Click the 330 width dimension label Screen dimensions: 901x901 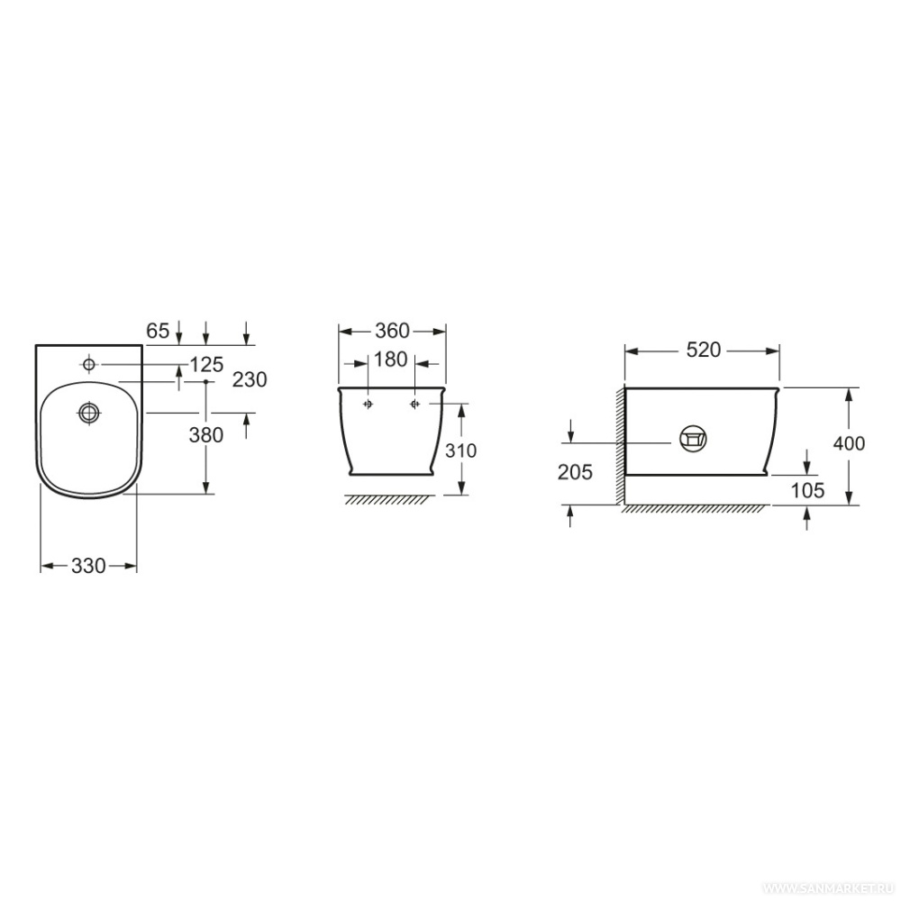tap(88, 566)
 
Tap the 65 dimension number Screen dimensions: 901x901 tap(158, 331)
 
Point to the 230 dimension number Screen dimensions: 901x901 tap(250, 379)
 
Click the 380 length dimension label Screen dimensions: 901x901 tap(206, 435)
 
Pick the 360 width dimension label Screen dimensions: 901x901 tap(393, 331)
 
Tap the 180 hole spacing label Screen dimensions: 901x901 tap(391, 359)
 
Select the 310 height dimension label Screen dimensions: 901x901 tap(460, 450)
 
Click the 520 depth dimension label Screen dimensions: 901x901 tap(704, 350)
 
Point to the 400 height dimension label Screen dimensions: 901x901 tap(849, 443)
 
